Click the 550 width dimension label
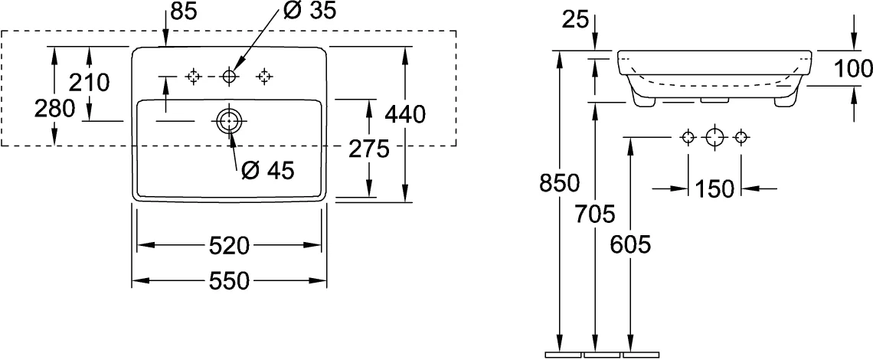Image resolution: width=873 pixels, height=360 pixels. point(229,281)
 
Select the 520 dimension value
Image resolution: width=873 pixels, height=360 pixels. point(229,245)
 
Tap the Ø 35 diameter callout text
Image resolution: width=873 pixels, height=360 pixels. point(309,11)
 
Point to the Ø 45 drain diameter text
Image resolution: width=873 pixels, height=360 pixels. point(268,171)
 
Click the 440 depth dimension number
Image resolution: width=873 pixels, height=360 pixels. point(405,114)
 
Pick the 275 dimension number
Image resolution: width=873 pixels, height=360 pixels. point(368,149)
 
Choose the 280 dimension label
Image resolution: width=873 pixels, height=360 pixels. point(54,109)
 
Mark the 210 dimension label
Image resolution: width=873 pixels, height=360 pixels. point(89,83)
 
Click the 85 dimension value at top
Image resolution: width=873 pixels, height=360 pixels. point(185,11)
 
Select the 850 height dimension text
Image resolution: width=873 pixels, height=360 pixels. point(560,183)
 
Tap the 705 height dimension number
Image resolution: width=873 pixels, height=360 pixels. point(595,214)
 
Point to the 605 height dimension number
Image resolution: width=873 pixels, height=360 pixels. point(630,244)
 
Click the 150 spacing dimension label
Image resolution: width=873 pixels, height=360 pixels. point(714,189)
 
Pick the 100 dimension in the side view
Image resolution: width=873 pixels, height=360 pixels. point(853,68)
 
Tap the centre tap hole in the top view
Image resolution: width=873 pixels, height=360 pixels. point(229,76)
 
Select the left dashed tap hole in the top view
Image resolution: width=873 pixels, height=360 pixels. point(193,76)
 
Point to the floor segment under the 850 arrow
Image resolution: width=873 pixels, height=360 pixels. point(563,355)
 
